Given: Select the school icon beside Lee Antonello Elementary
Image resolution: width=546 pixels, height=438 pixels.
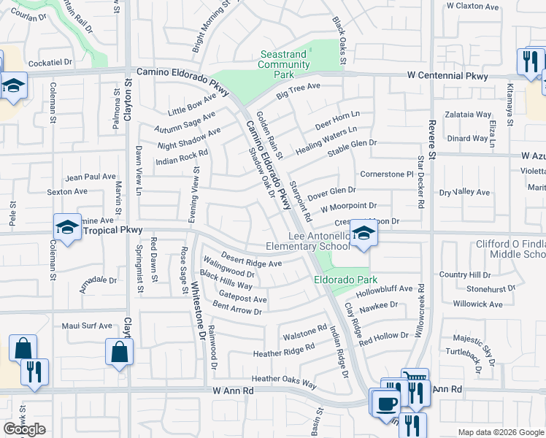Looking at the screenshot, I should [x=361, y=234].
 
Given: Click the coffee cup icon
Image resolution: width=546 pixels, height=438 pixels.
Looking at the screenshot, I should [x=385, y=402].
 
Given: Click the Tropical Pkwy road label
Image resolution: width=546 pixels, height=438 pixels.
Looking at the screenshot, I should [x=110, y=230].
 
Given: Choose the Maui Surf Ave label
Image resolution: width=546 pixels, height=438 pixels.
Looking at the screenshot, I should [x=87, y=326].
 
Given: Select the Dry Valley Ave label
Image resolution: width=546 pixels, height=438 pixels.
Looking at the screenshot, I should [x=464, y=192].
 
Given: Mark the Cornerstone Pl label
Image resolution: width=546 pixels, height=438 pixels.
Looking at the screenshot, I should [x=387, y=174].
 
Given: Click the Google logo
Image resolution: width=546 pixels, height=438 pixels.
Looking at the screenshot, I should [x=24, y=429].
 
